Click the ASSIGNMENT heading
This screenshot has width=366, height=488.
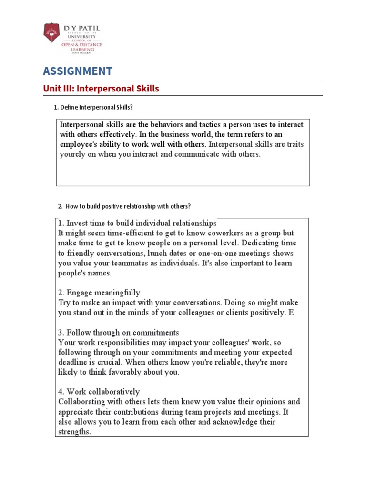(x=78, y=71)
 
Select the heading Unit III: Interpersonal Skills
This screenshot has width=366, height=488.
(x=101, y=89)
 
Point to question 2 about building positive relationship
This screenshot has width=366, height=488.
(x=128, y=206)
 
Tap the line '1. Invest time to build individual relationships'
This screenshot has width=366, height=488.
(x=137, y=223)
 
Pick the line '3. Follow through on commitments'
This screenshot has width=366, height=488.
(x=119, y=333)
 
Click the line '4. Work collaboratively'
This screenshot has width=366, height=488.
(x=99, y=392)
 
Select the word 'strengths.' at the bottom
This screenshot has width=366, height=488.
(x=74, y=432)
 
